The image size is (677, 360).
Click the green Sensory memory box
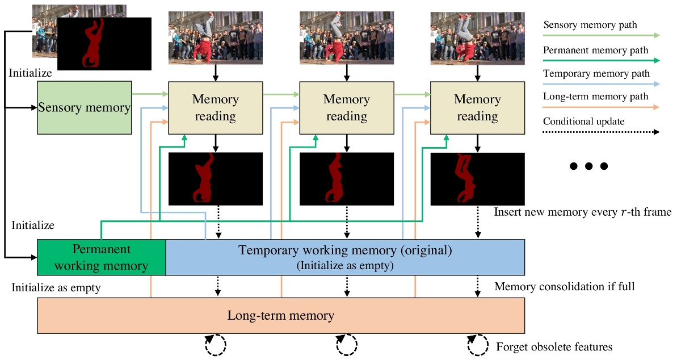click(84, 108)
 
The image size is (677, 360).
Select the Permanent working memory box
click(101, 257)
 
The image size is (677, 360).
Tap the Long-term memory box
click(280, 315)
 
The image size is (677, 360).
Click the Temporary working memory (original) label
click(344, 250)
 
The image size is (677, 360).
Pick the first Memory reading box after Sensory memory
click(215, 108)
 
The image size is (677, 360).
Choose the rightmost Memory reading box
click(477, 108)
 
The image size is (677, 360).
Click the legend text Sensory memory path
click(590, 25)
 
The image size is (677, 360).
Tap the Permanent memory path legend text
click(595, 50)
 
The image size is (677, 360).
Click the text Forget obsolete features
click(554, 346)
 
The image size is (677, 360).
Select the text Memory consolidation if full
click(564, 287)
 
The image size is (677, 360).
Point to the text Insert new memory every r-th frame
click(582, 212)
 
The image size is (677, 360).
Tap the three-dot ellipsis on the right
click(588, 166)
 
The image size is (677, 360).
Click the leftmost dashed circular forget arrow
click(216, 344)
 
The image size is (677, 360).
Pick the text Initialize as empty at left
click(56, 288)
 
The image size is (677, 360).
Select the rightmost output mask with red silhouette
click(477, 178)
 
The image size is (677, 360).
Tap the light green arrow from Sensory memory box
click(150, 94)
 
